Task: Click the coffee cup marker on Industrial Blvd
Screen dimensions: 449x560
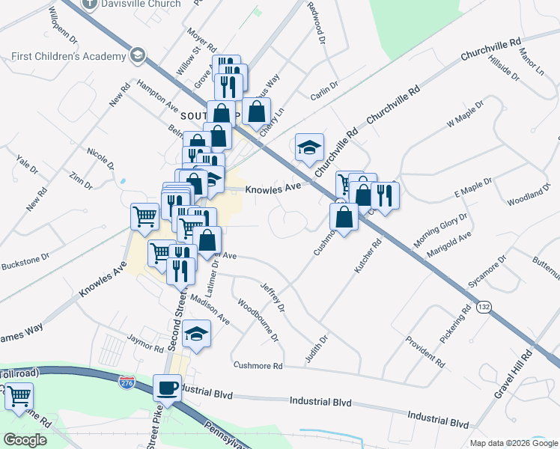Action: (x=167, y=388)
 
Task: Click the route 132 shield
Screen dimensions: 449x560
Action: (x=485, y=307)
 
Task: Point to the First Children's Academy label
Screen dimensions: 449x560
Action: (x=69, y=57)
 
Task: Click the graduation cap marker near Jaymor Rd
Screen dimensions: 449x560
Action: (x=197, y=334)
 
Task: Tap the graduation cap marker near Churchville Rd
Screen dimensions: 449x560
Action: (x=309, y=147)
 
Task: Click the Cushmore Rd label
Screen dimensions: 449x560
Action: (x=258, y=366)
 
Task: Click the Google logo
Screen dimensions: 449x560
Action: (x=25, y=440)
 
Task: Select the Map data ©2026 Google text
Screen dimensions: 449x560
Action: (x=512, y=443)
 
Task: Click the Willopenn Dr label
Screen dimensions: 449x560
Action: (x=63, y=23)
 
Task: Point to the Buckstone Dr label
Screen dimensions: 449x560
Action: (x=24, y=260)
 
